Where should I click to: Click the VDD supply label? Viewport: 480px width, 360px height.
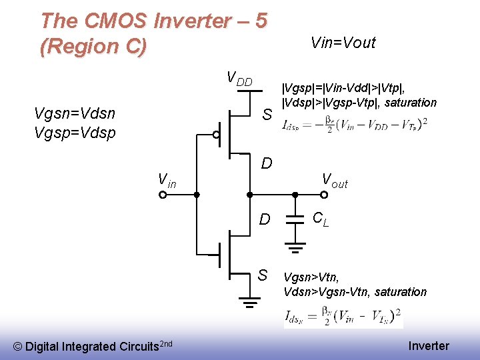[239, 79]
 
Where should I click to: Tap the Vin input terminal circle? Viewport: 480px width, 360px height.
[162, 195]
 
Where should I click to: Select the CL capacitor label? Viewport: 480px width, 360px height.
[321, 219]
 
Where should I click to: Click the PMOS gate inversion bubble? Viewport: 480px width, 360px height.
[216, 135]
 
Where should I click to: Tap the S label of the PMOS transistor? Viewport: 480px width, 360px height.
[267, 115]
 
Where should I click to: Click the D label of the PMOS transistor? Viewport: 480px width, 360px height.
[267, 163]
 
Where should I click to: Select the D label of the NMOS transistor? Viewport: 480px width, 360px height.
[265, 219]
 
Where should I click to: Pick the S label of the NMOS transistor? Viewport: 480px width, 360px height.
[263, 275]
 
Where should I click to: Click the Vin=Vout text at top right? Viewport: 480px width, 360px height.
[343, 43]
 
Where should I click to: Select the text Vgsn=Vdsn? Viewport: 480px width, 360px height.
[74, 113]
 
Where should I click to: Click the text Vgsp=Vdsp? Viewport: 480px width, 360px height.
[74, 132]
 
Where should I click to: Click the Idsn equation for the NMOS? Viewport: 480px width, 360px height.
[343, 316]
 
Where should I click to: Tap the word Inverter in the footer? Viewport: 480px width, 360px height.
[429, 345]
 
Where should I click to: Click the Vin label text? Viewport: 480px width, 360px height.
[167, 180]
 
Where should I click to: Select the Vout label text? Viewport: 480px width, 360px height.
[335, 180]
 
